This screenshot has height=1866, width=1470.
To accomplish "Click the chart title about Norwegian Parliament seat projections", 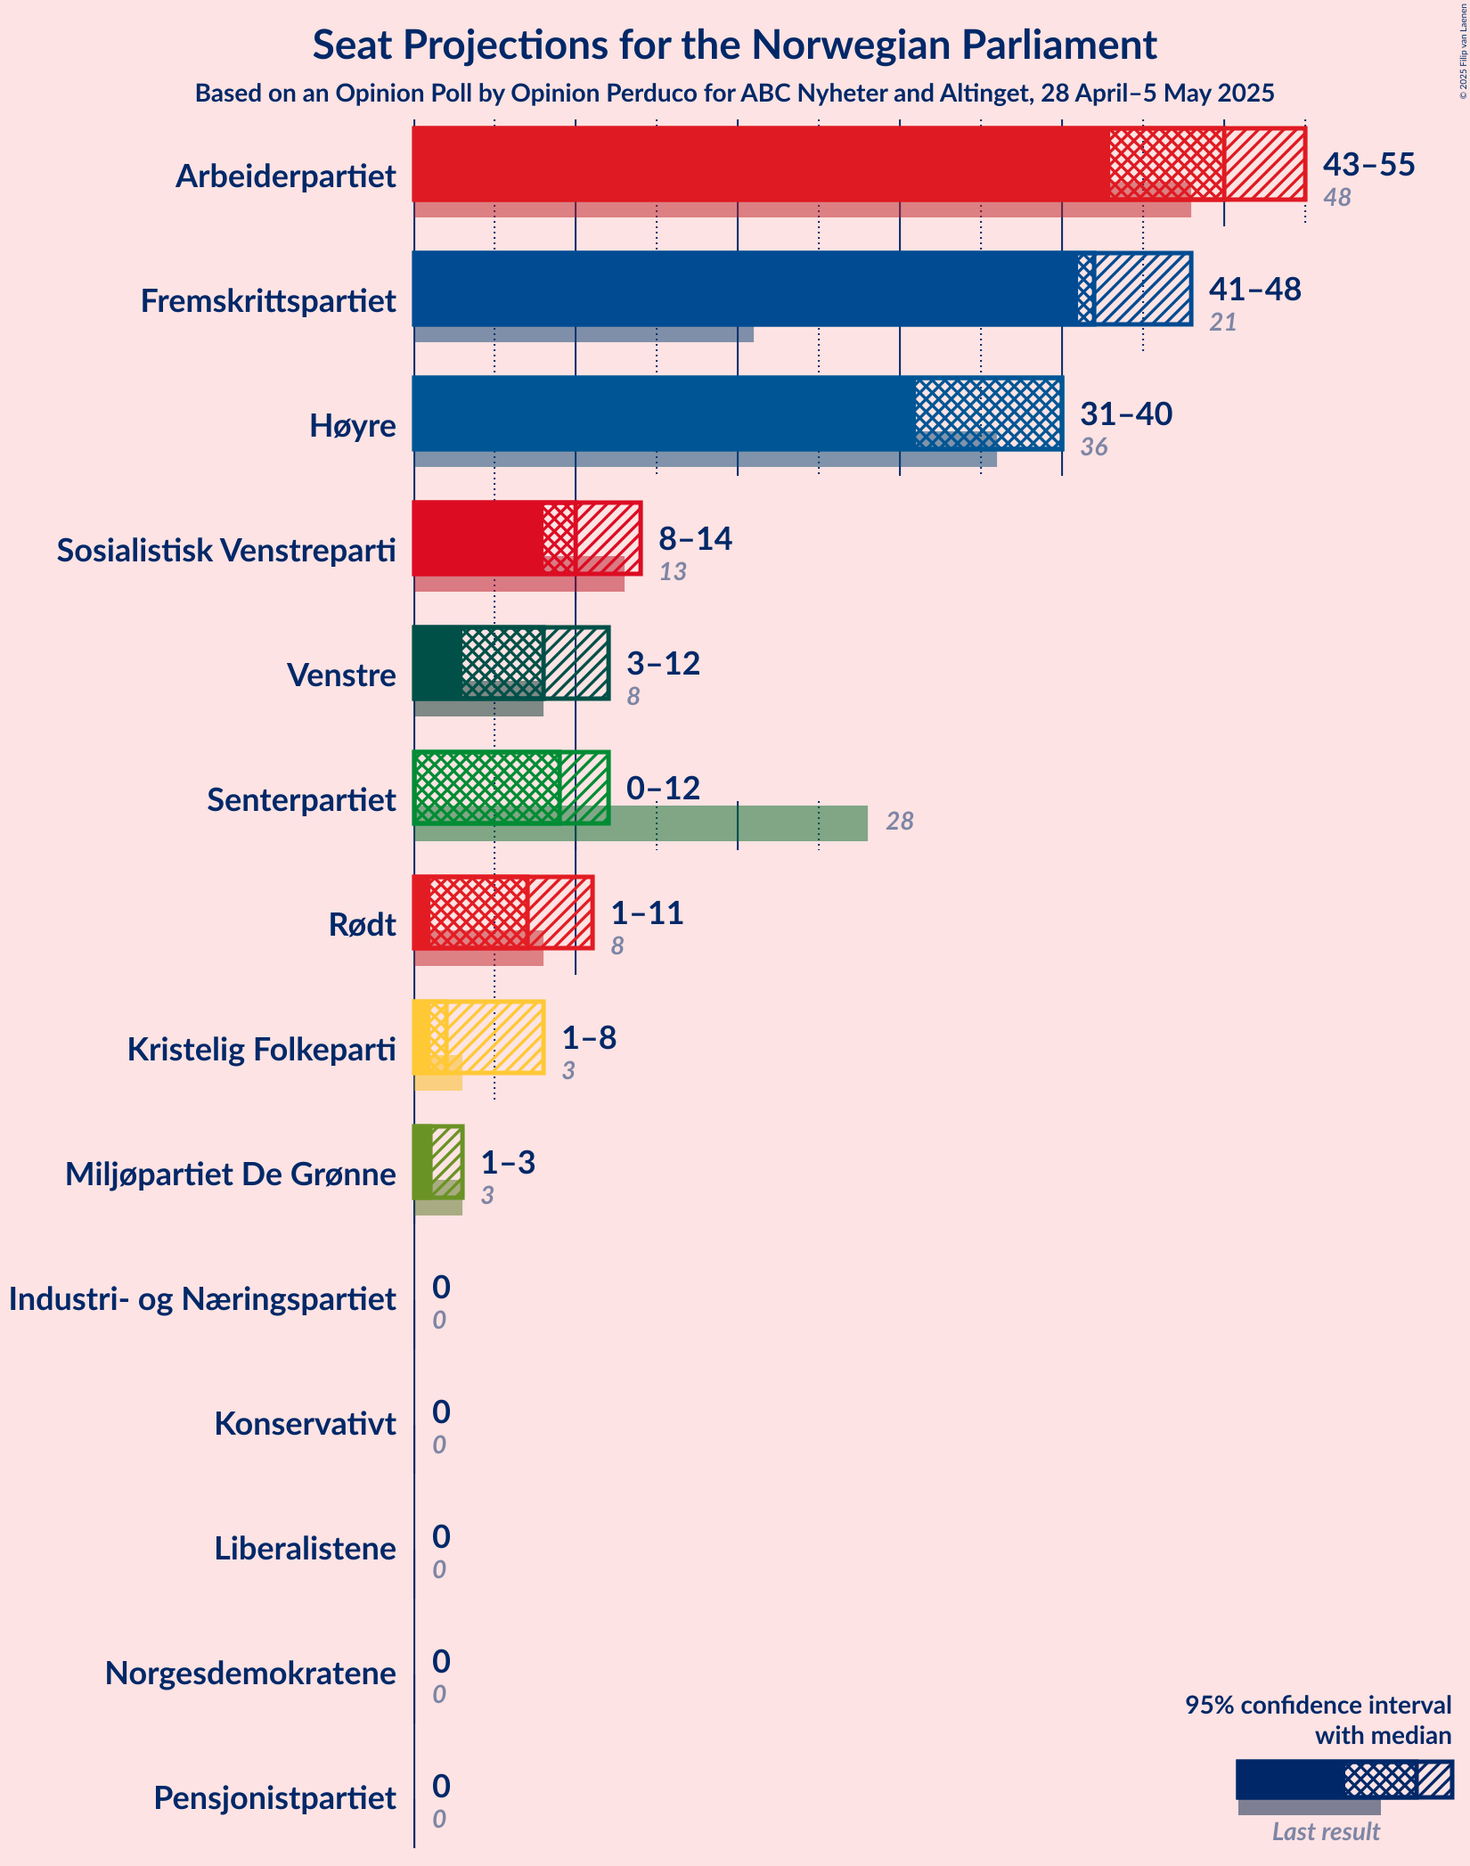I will click(x=734, y=45).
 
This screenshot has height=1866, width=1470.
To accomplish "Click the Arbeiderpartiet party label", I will click(x=285, y=176).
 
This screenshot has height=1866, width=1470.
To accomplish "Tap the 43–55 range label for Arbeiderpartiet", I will click(x=1368, y=165).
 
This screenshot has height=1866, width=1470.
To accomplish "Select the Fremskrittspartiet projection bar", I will click(x=802, y=289).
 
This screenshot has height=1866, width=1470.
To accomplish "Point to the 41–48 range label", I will click(x=1254, y=290).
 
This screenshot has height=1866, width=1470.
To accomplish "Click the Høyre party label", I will click(x=352, y=426).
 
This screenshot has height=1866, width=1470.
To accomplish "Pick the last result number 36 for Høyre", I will click(x=1094, y=447).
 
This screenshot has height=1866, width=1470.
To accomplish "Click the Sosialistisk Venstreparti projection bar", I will click(x=527, y=538).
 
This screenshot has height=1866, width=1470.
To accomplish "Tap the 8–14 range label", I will click(x=695, y=539).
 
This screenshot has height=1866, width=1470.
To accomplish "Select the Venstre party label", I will click(x=341, y=675).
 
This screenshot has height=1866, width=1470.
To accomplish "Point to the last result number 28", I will click(x=900, y=822).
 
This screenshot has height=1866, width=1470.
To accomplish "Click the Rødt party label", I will click(x=362, y=925).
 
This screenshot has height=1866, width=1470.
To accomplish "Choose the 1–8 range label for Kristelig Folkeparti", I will click(x=589, y=1038).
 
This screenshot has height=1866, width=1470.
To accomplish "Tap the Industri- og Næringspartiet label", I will click(x=202, y=1299).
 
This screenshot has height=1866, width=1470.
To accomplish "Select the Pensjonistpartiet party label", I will click(x=274, y=1798).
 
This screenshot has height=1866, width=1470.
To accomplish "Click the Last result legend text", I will click(x=1326, y=1832).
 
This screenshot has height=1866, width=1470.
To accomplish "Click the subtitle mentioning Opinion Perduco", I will click(x=734, y=94).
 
